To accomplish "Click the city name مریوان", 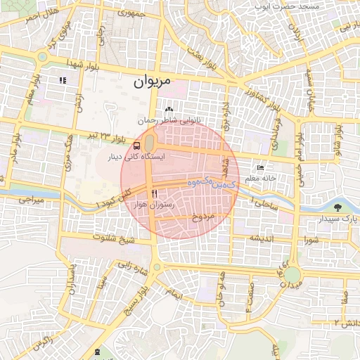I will pos(152,82).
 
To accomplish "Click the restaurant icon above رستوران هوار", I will pos(154,192).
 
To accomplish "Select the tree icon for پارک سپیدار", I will pos(339,207).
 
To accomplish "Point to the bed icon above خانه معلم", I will pos(261,169).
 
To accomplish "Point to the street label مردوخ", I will pos(202,217).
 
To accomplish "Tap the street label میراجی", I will pos(31,200).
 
